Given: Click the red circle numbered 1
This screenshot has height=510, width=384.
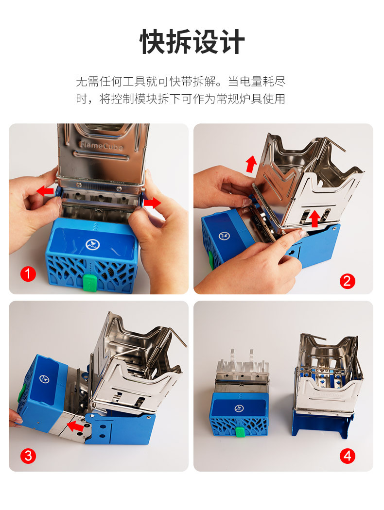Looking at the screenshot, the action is coord(28,274).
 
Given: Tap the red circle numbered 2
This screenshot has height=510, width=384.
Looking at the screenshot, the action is coord(347,281).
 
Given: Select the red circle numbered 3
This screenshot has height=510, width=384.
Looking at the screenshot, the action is coord(28,456).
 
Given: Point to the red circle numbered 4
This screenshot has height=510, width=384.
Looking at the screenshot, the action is coord(348,456).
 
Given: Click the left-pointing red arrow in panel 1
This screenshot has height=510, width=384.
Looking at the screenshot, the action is coord(45,190).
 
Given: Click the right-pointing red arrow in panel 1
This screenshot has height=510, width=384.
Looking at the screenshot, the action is coord(152,203).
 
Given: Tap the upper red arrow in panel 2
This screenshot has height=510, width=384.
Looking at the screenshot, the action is coord(251,164).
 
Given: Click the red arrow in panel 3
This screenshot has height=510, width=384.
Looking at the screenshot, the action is coord(75,425).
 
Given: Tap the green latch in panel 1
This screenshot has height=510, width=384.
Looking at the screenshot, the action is coord(90,282).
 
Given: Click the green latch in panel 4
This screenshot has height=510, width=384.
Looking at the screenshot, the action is coord(240,432).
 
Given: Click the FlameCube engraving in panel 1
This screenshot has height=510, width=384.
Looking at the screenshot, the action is coord(101,145).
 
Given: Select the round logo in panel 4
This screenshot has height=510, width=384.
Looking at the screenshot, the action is coord(239,408).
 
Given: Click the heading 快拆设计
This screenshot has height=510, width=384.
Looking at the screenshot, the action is coord(192,42).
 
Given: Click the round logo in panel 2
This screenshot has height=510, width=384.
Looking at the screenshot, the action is coord(224,236).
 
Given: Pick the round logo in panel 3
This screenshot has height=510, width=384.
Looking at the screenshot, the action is coord(44,378).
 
